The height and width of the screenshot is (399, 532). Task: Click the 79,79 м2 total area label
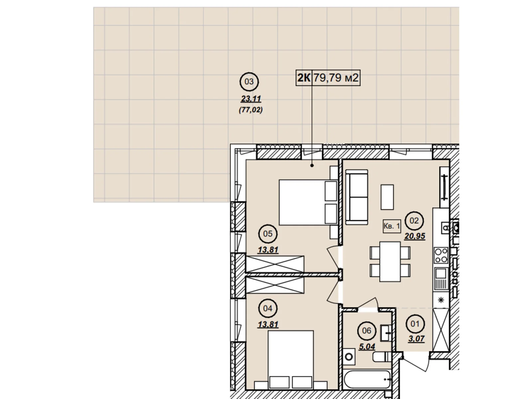(x=336, y=78)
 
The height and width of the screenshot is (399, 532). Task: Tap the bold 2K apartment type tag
(x=304, y=78)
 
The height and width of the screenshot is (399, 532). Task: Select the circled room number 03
(x=249, y=82)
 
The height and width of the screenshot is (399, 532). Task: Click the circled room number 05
(x=268, y=234)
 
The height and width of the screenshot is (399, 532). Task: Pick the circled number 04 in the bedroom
(x=268, y=309)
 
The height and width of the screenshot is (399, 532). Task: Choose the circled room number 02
(x=414, y=221)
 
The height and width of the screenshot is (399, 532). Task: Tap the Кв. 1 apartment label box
(x=392, y=226)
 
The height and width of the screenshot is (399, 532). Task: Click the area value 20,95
(x=414, y=236)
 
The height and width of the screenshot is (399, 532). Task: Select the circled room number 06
(x=366, y=331)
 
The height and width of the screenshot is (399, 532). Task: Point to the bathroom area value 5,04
(x=367, y=347)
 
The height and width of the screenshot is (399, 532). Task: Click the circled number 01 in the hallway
(x=415, y=324)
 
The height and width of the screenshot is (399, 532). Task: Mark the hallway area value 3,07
(x=416, y=338)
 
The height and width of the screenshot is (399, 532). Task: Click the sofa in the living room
(x=356, y=197)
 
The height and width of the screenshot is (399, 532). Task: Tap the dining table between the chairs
(x=390, y=262)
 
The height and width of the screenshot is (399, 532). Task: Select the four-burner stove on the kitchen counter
(x=441, y=255)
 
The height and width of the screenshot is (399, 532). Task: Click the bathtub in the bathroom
(x=367, y=380)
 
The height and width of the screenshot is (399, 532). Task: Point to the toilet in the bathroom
(x=382, y=356)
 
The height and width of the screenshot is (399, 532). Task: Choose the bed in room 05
(x=308, y=202)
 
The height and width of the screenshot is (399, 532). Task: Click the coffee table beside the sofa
(x=387, y=197)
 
